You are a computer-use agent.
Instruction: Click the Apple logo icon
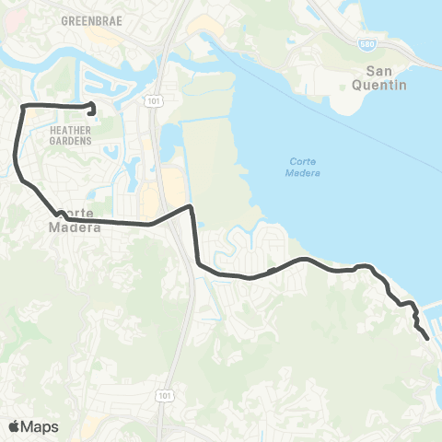15,425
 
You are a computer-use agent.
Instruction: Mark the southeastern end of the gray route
427,339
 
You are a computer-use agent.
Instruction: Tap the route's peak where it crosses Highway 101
190,207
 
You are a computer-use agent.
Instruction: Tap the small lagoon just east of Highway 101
170,140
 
